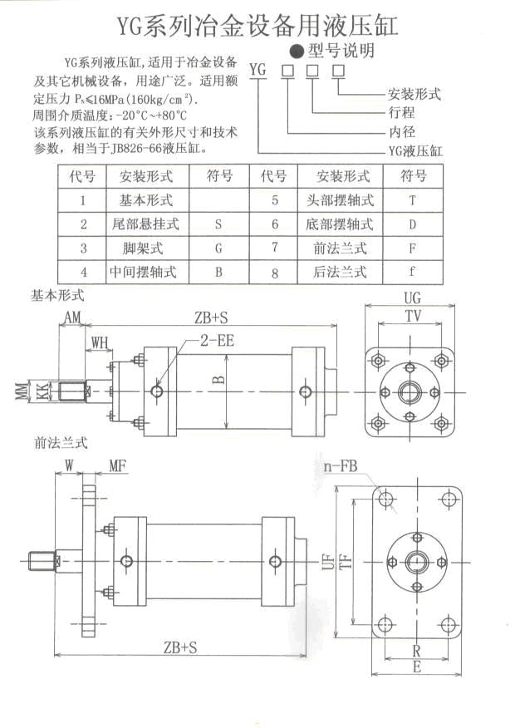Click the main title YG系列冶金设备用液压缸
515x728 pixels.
(257, 24)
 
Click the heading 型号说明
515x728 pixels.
(341, 51)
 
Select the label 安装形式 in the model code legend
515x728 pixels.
(414, 95)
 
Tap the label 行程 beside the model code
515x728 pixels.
(401, 113)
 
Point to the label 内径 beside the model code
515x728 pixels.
(401, 132)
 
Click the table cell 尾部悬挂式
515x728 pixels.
(145, 224)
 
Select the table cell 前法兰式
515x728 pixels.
(340, 248)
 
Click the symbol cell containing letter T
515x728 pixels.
(412, 200)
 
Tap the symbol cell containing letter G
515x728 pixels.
(218, 248)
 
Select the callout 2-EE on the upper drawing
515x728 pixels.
(216, 339)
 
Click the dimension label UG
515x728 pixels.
(412, 298)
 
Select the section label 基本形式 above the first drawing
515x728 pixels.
(57, 295)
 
